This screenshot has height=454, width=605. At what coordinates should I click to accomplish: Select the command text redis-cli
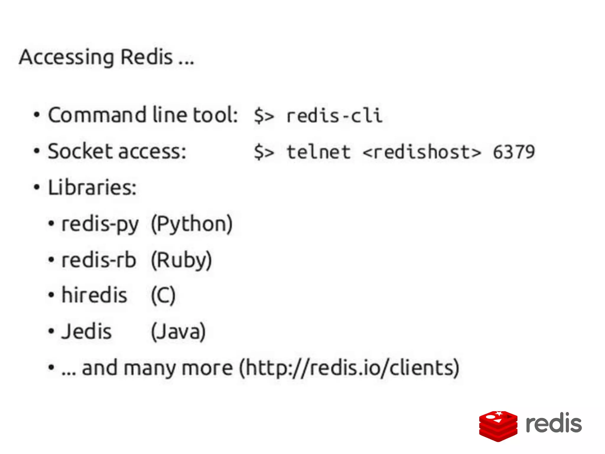point(334,116)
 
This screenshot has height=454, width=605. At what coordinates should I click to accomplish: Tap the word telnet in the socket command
point(318,152)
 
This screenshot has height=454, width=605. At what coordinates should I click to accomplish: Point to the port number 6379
point(514,152)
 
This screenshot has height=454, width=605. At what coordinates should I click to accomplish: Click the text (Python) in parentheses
point(192,224)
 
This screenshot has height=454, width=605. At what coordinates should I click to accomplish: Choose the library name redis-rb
point(99,260)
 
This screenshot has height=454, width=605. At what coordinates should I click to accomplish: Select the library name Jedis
point(87,331)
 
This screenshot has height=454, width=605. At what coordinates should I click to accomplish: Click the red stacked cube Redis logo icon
point(498,426)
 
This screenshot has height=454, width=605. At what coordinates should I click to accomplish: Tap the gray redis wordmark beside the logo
point(554,423)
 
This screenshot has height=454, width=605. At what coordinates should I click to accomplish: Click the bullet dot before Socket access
point(37,151)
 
